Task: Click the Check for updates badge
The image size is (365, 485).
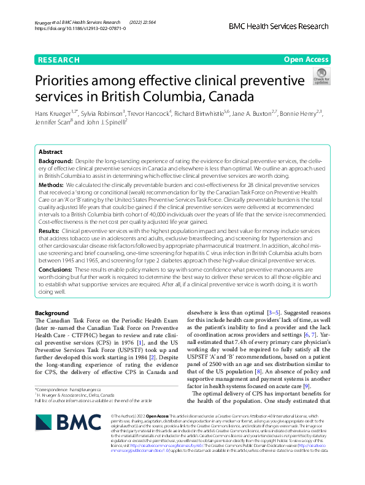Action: pyautogui.click(x=321, y=77)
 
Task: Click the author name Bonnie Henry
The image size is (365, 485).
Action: pyautogui.click(x=299, y=113)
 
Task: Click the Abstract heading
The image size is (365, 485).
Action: pyautogui.click(x=50, y=151)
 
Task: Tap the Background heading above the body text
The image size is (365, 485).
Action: pyautogui.click(x=52, y=313)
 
